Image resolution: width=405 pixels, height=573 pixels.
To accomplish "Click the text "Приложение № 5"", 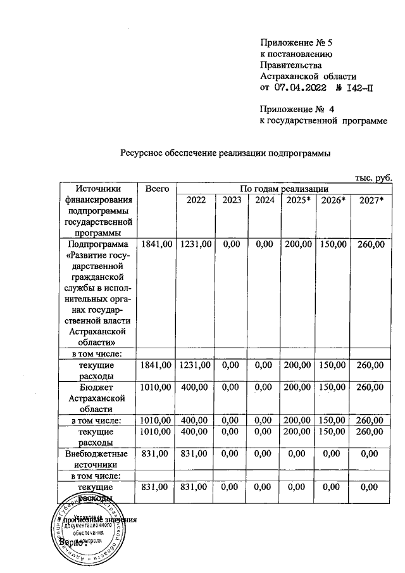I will click(296, 42).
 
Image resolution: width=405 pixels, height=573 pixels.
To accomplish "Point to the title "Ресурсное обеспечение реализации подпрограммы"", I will click(226, 153).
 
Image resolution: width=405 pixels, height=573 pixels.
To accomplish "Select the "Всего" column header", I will click(156, 189).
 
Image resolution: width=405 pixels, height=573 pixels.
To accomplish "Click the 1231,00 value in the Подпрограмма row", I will click(196, 244).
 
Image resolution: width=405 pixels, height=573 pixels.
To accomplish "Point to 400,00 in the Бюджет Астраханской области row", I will click(196, 386).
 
